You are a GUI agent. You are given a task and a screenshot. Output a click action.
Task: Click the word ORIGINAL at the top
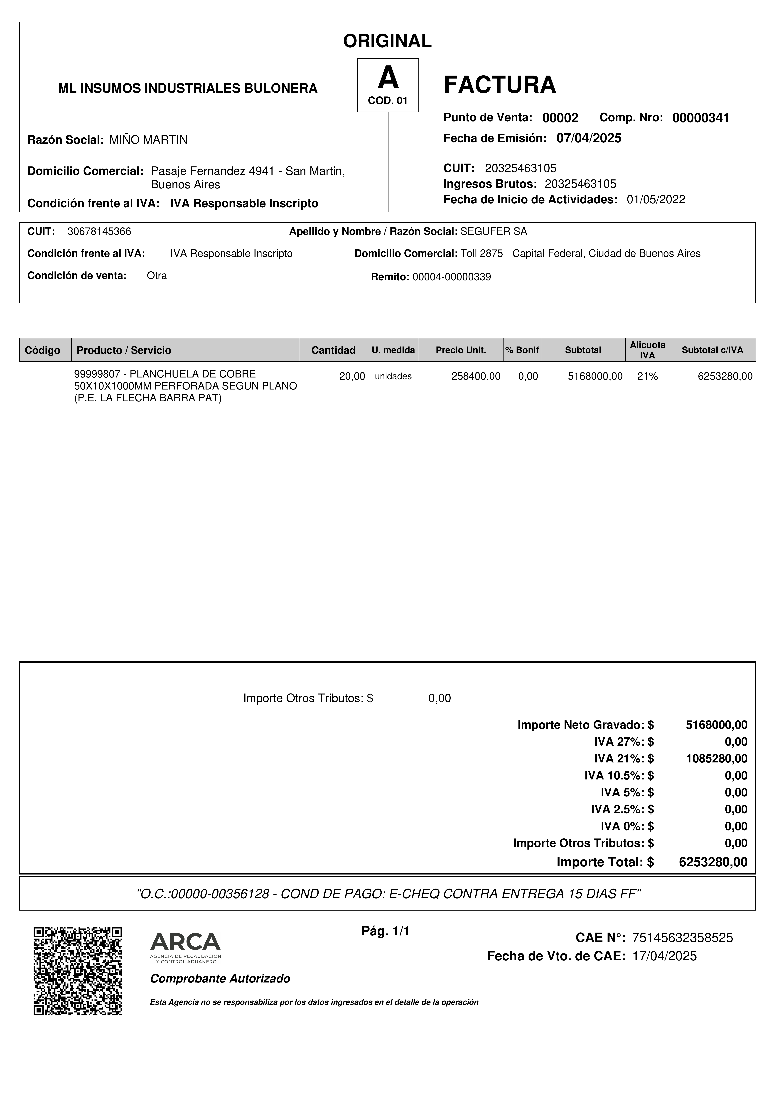387,41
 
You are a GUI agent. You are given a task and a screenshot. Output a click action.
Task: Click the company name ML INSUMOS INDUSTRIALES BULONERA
187,88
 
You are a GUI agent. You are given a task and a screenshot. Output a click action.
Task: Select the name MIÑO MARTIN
148,140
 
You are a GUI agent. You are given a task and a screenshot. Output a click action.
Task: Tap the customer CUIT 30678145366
99,232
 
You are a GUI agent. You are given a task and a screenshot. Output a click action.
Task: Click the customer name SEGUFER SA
494,232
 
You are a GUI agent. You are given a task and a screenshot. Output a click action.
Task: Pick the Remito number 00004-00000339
451,277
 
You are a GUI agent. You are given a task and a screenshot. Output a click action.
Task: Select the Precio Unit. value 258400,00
475,376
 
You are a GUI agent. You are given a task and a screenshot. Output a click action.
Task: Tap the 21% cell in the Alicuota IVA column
647,376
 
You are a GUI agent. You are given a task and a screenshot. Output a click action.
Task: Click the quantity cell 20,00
352,376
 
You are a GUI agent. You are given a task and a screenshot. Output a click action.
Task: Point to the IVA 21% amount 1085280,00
716,758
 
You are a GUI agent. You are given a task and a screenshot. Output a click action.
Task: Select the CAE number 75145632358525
682,938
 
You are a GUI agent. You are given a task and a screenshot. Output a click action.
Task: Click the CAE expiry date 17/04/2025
664,956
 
